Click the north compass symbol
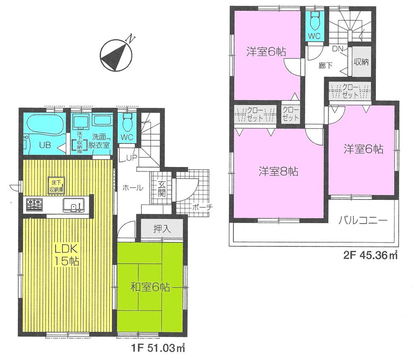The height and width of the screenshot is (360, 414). coord(114,54)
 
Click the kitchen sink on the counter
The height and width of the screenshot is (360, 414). coord(74,204)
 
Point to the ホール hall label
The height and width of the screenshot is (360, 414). coord(132,188)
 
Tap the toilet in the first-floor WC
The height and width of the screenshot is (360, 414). coord(126,121)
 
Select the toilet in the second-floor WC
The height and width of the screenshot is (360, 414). coord(314,19)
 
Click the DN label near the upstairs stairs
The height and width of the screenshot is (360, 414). coord(337,49)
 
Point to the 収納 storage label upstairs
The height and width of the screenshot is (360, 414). coord(361,63)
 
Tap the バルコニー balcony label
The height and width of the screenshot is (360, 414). coord(363,220)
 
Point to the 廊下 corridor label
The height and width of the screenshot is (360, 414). coord(326,65)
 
